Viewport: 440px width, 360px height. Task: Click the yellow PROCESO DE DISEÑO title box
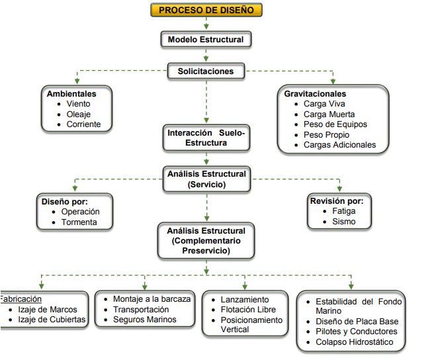pos(206,10)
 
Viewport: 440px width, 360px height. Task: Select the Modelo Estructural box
pos(206,40)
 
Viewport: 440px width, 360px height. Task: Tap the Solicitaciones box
pos(206,71)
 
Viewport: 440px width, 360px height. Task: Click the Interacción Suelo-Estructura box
pos(206,138)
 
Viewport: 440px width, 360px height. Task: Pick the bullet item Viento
pos(79,104)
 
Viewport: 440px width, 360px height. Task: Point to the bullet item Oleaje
pos(79,114)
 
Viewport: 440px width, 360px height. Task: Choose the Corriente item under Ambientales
pos(83,124)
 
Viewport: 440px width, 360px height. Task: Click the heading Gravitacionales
pos(315,94)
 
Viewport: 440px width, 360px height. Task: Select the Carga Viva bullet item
pos(324,104)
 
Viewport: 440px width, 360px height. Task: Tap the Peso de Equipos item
pos(335,124)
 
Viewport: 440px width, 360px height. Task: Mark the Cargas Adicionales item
pos(339,145)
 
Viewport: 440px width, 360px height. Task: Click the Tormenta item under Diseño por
pos(79,222)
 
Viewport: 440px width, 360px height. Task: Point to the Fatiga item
pos(344,212)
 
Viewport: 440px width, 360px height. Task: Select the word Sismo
pos(344,222)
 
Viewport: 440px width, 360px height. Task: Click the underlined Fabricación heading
pos(21,298)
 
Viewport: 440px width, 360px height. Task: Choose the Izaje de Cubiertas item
pos(52,320)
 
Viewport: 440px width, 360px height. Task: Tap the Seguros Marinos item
pos(145,320)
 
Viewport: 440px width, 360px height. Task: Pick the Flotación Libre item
pos(248,310)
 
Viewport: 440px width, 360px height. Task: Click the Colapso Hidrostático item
pos(354,342)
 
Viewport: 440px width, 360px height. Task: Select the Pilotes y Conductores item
pos(356,332)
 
